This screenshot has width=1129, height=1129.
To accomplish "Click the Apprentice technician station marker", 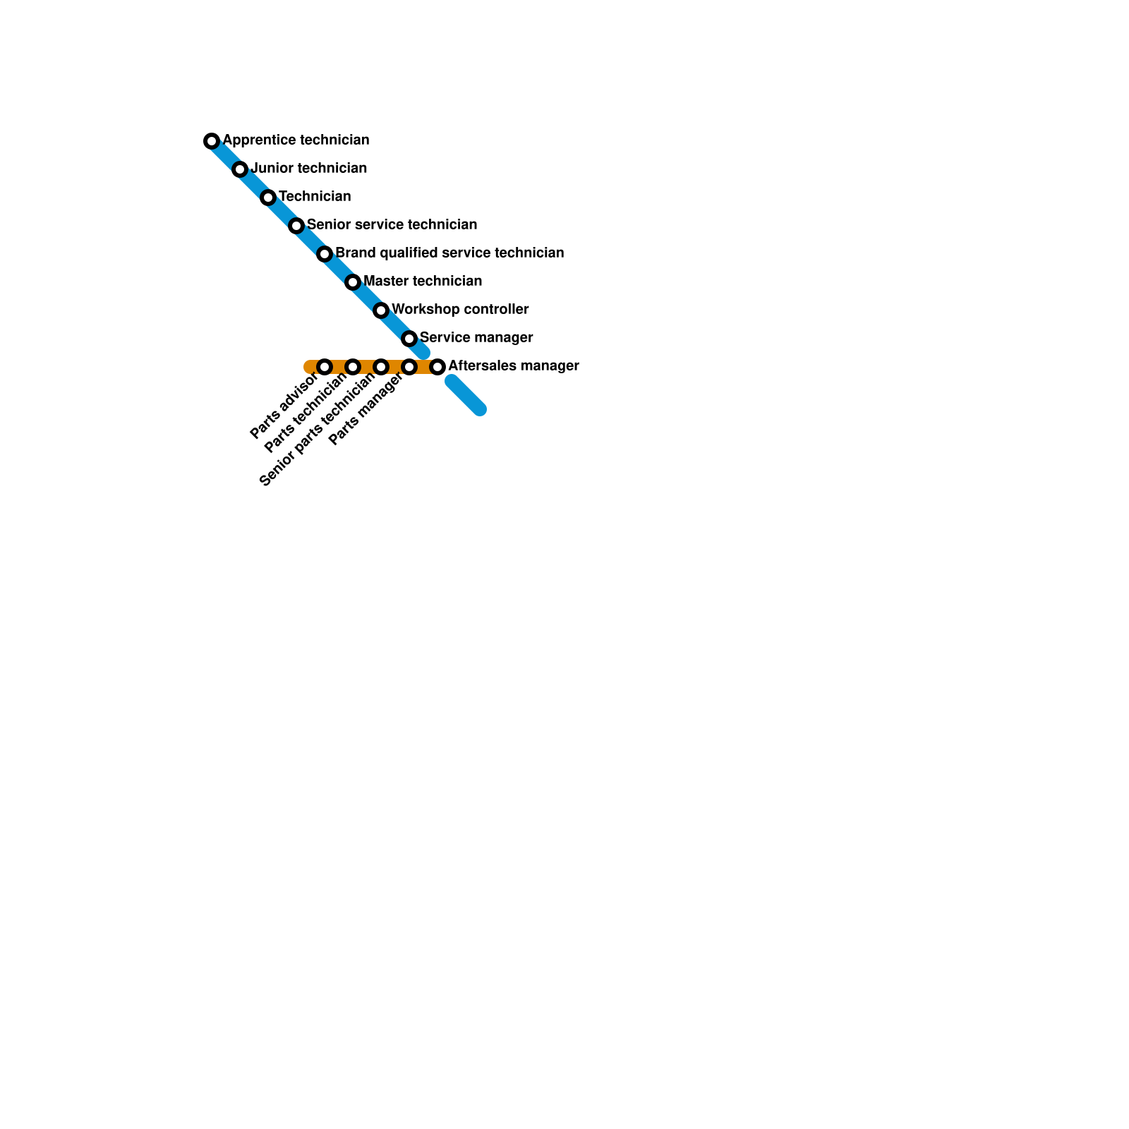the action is tap(212, 141).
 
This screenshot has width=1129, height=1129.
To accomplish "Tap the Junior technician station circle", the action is tap(240, 169).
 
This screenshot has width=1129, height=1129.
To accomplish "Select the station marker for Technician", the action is tap(268, 198).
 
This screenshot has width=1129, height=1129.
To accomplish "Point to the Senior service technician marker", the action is tap(296, 226).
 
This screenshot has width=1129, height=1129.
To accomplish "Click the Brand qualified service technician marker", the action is tap(325, 254).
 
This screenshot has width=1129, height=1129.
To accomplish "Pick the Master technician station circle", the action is tap(353, 282).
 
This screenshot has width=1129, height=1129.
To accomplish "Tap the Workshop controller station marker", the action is tap(381, 310).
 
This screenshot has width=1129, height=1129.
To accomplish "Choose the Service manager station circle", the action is tap(409, 339).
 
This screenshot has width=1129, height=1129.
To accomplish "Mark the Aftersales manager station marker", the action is tap(437, 367).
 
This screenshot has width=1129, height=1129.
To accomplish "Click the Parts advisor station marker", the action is tap(325, 367).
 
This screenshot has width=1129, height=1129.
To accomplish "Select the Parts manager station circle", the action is tap(409, 367).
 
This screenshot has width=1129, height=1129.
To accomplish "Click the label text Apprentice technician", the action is tap(296, 140).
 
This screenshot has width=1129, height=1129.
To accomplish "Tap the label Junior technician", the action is tap(308, 168).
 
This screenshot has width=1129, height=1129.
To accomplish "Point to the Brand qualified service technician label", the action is tap(449, 253).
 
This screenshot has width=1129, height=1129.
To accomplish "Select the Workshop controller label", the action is tap(460, 309).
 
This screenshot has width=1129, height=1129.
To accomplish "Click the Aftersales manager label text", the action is tap(513, 366).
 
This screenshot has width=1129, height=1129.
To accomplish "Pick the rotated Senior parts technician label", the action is tap(318, 430).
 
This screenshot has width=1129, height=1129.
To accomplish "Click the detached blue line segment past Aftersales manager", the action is tap(466, 395).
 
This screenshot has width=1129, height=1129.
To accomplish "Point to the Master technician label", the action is tap(423, 281).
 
